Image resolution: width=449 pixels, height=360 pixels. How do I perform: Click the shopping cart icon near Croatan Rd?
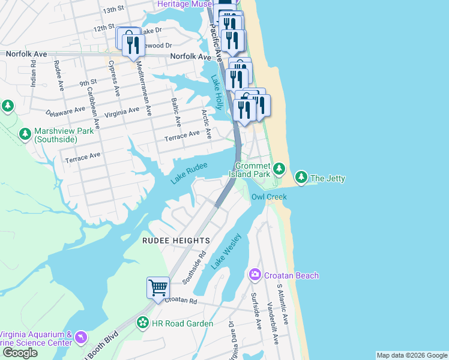point(158,287)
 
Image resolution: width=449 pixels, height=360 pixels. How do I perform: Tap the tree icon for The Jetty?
point(301,177)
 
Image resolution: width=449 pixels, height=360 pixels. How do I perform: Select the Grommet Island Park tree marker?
point(279,167)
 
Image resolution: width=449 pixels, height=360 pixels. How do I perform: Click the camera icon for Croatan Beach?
point(255,275)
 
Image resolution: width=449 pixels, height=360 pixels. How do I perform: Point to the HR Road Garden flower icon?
point(143,323)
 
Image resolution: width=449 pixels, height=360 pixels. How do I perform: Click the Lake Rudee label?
point(188,173)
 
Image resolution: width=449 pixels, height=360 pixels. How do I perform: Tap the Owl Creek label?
point(269,197)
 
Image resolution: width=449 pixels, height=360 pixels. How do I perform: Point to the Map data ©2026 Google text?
point(411,355)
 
